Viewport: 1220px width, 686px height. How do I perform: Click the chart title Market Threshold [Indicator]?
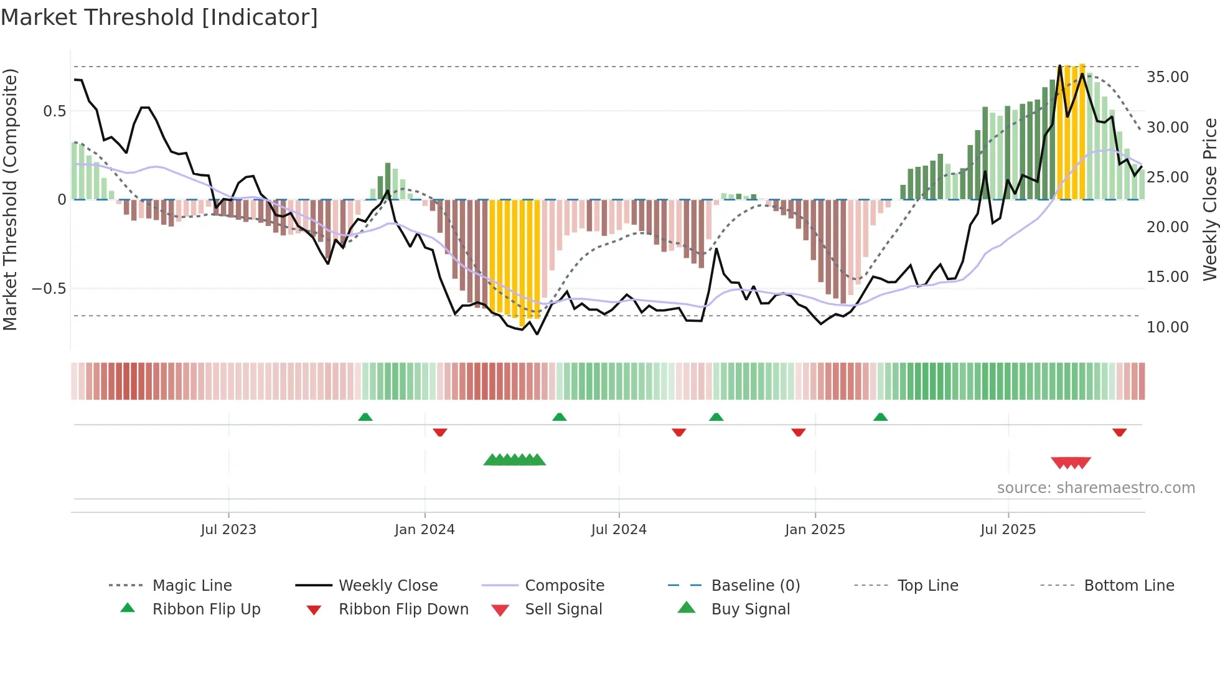coord(159,17)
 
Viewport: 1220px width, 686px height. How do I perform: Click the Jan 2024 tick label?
coord(425,530)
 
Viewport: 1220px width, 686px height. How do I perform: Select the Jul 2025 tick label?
coord(1008,530)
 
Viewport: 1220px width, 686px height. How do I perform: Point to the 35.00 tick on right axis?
coord(1167,77)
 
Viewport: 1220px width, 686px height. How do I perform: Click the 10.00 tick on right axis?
coord(1167,327)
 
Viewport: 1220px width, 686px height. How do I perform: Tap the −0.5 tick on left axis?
coord(49,289)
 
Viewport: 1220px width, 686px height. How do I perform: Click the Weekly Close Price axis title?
coord(1209,199)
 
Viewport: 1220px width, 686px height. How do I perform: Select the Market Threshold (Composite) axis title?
coord(10,199)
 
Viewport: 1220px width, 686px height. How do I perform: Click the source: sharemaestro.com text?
coord(1096,488)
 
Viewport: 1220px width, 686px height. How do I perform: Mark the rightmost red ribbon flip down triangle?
coord(1119,432)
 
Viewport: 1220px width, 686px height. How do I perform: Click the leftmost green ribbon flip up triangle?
coord(365,417)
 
